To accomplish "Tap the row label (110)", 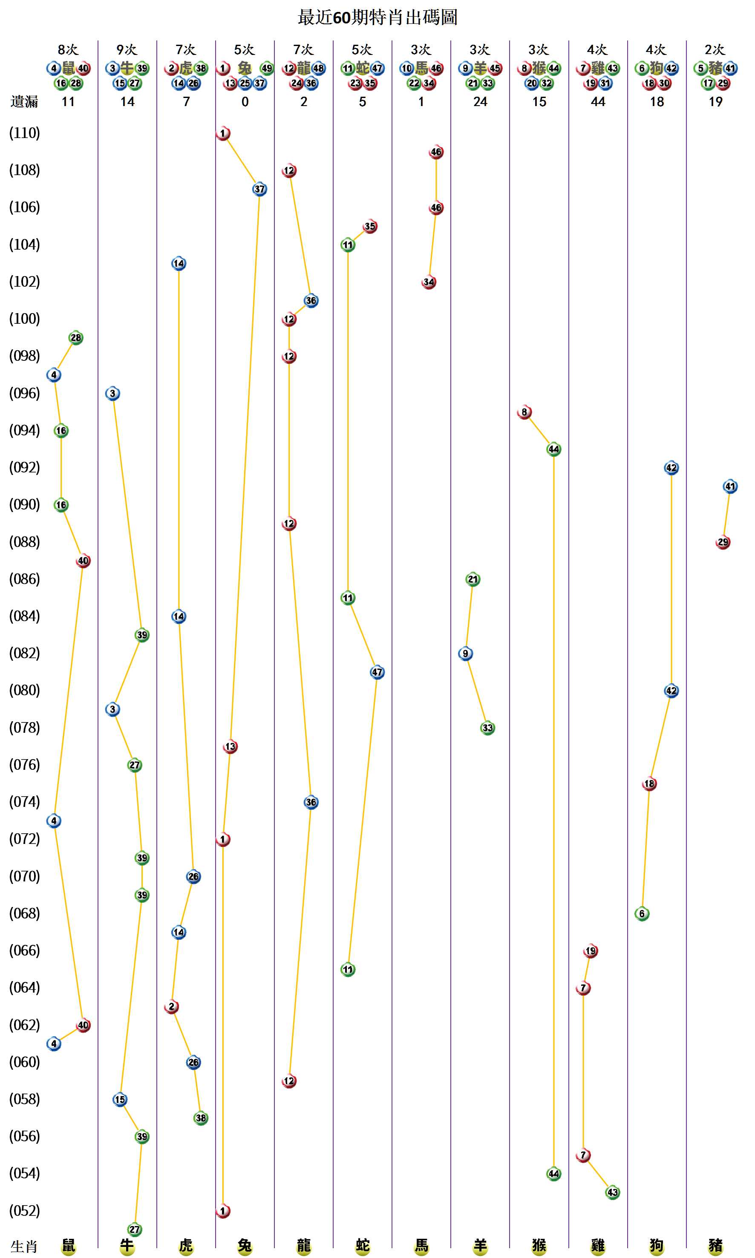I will (24, 133).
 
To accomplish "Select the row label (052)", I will (24, 1211).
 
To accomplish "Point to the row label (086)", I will (24, 579).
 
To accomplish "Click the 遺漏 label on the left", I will (24, 102).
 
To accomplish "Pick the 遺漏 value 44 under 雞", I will (598, 102).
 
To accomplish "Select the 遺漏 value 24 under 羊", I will (480, 102).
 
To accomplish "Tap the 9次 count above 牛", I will (127, 50).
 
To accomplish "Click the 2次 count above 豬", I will (715, 50).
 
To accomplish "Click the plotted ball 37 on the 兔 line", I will (259, 189).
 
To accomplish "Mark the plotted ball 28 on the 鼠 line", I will (76, 338).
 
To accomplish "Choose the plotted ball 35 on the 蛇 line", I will (370, 226).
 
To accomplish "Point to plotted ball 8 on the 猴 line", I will (524, 412).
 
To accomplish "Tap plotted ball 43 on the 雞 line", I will (613, 1192).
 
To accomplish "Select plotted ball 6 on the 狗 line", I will (642, 914).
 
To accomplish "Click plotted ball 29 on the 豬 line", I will (723, 542).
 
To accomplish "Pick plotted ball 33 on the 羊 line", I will (487, 728).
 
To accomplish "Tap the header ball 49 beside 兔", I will (267, 68).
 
